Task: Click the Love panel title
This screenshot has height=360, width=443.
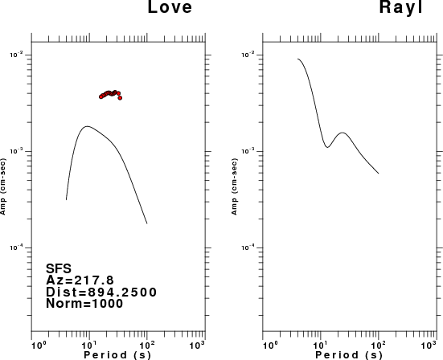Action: pyautogui.click(x=170, y=6)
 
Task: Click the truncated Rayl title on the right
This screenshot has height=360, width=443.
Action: pyautogui.click(x=401, y=6)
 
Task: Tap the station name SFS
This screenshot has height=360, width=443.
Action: pyautogui.click(x=59, y=269)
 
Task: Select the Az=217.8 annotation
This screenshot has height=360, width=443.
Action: pyautogui.click(x=80, y=280)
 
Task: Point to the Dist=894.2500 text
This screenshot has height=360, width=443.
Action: pyautogui.click(x=101, y=292)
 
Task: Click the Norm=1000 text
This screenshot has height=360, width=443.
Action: pyautogui.click(x=84, y=304)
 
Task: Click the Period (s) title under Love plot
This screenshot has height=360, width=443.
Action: pyautogui.click(x=117, y=355)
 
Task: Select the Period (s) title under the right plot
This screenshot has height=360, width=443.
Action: pyautogui.click(x=349, y=355)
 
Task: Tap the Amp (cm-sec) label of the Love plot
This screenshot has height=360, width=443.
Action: pyautogui.click(x=3, y=186)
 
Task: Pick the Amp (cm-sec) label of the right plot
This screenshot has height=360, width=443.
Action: pyautogui.click(x=234, y=186)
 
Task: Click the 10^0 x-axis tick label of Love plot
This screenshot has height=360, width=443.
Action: pyautogui.click(x=38, y=345)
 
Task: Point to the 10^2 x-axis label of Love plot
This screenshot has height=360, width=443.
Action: pyautogui.click(x=146, y=345)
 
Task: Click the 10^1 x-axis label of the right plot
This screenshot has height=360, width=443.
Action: pyautogui.click(x=320, y=345)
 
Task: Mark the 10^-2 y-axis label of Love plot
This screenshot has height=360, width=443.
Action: pyautogui.click(x=16, y=55)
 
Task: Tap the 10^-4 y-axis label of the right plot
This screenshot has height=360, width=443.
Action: pyautogui.click(x=248, y=247)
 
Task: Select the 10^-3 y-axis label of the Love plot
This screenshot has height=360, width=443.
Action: pyautogui.click(x=16, y=151)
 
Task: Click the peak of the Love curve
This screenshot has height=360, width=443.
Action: pyautogui.click(x=87, y=126)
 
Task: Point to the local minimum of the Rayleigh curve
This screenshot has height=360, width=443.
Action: pyautogui.click(x=327, y=147)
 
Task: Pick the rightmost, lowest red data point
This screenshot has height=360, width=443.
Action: pyautogui.click(x=120, y=98)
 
